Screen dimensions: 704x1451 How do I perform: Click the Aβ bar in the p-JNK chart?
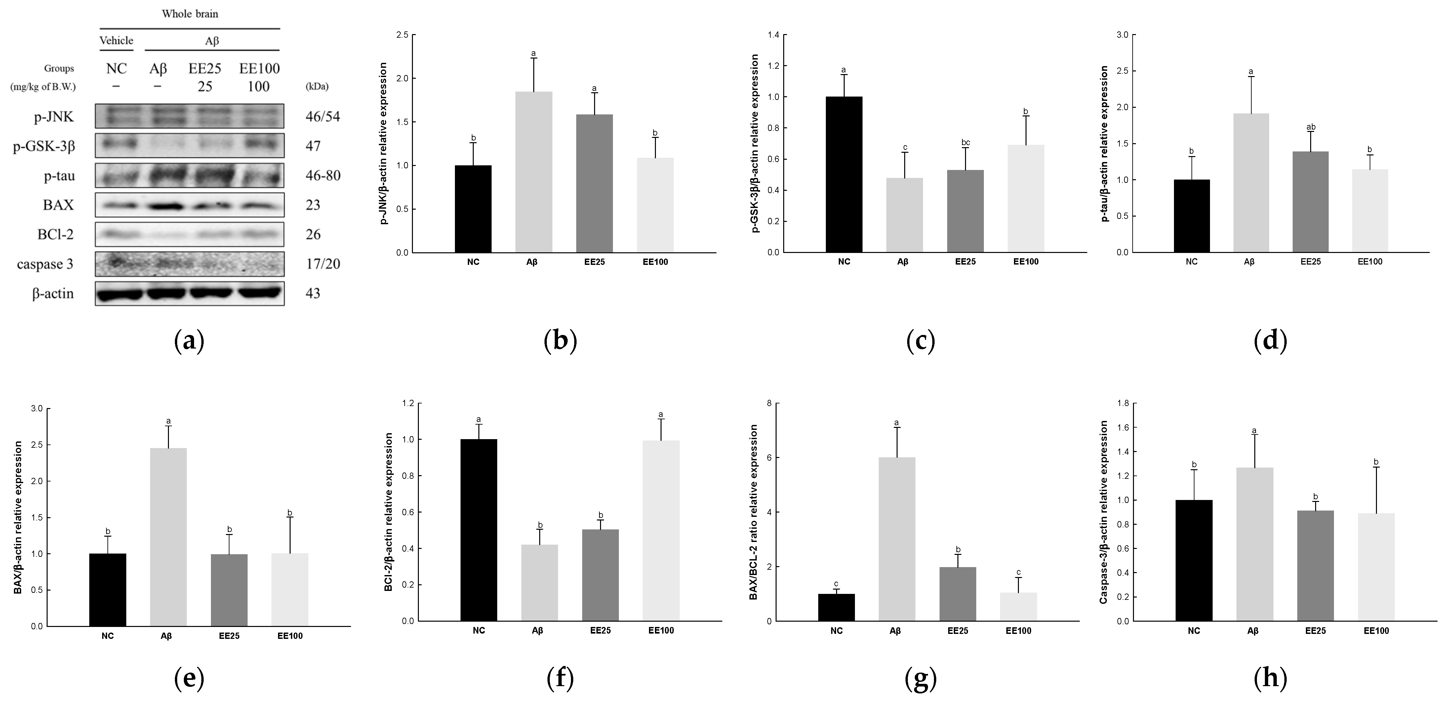tap(534, 172)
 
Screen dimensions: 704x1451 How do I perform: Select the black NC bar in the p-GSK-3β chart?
tap(844, 175)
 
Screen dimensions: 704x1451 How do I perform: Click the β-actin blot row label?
tap(53, 293)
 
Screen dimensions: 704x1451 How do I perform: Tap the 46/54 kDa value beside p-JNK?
tap(323, 117)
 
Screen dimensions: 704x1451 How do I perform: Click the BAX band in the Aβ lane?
tap(166, 206)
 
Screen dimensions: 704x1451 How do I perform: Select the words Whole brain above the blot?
tap(190, 14)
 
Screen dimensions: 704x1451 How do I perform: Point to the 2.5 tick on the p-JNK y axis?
tap(402, 35)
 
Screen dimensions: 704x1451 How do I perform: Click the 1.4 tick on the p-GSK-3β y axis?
tap(773, 35)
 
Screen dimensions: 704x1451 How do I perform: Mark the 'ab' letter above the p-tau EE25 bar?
tap(1311, 127)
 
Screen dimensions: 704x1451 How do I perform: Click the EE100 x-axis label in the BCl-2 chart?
tap(661, 630)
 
